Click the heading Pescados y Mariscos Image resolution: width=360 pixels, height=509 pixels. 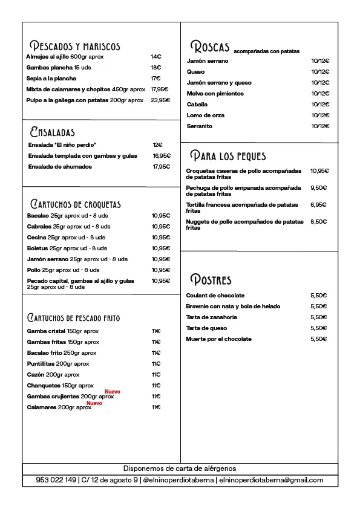click(75, 46)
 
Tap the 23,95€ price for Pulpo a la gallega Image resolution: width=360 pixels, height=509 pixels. click(160, 100)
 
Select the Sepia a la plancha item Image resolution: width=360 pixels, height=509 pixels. click(51, 79)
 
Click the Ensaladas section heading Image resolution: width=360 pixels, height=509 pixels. click(52, 132)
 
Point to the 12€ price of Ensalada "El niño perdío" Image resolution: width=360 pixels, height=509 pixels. click(157, 145)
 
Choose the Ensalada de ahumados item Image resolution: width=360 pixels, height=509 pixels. click(60, 167)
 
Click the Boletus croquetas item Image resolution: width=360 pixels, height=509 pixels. click(67, 248)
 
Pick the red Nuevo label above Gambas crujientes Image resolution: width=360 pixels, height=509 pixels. click(113, 392)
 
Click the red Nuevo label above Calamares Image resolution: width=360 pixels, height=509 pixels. click(94, 403)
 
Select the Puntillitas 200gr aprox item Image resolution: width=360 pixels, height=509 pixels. click(58, 364)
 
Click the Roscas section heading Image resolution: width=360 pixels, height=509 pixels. click(210, 47)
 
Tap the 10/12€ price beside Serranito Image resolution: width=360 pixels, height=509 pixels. click(320, 126)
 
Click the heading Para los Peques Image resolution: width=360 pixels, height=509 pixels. click(227, 156)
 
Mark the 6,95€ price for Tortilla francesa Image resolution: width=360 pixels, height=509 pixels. click(318, 205)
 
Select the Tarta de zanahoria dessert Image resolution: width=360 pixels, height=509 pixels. click(211, 317)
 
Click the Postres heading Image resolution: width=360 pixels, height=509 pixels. click(211, 279)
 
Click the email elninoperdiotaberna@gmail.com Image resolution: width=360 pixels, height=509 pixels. click(270, 481)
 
